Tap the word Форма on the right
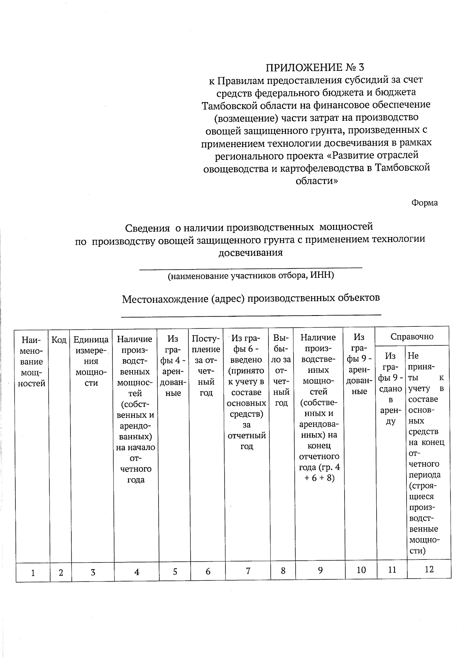[425, 203]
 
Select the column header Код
[59, 340]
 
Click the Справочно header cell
[412, 336]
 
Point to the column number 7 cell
[248, 571]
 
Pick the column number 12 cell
[429, 569]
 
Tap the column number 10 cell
[361, 570]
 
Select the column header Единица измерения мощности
[91, 361]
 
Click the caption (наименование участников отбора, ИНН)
[251, 276]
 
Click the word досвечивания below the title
[251, 253]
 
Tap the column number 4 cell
[137, 572]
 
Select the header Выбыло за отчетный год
[281, 370]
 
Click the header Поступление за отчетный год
[206, 365]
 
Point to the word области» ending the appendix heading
[317, 181]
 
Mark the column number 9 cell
[320, 570]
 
